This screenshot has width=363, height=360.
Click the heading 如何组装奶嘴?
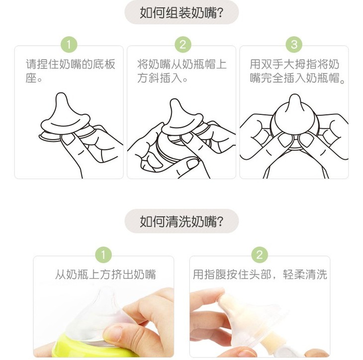pyautogui.click(x=181, y=12)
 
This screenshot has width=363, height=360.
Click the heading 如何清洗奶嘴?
pyautogui.click(x=181, y=221)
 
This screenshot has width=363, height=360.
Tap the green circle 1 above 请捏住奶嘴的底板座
pyautogui.click(x=69, y=44)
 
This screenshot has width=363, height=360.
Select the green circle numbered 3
pyautogui.click(x=294, y=44)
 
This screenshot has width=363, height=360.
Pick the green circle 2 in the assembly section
pyautogui.click(x=182, y=44)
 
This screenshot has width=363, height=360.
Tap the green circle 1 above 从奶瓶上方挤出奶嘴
pyautogui.click(x=103, y=255)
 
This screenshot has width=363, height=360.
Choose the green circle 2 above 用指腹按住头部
pyautogui.click(x=260, y=255)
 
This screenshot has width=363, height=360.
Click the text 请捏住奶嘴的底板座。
pyautogui.click(x=71, y=71)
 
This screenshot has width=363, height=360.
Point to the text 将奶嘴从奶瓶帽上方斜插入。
pyautogui.click(x=182, y=71)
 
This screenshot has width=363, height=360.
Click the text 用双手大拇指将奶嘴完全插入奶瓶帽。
pyautogui.click(x=298, y=71)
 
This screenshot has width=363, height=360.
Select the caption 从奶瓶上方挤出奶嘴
pyautogui.click(x=105, y=274)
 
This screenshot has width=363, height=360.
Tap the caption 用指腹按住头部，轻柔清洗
pyautogui.click(x=260, y=274)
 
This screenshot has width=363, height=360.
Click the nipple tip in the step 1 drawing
pyautogui.click(x=61, y=94)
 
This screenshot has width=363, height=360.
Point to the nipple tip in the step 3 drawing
pyautogui.click(x=295, y=95)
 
